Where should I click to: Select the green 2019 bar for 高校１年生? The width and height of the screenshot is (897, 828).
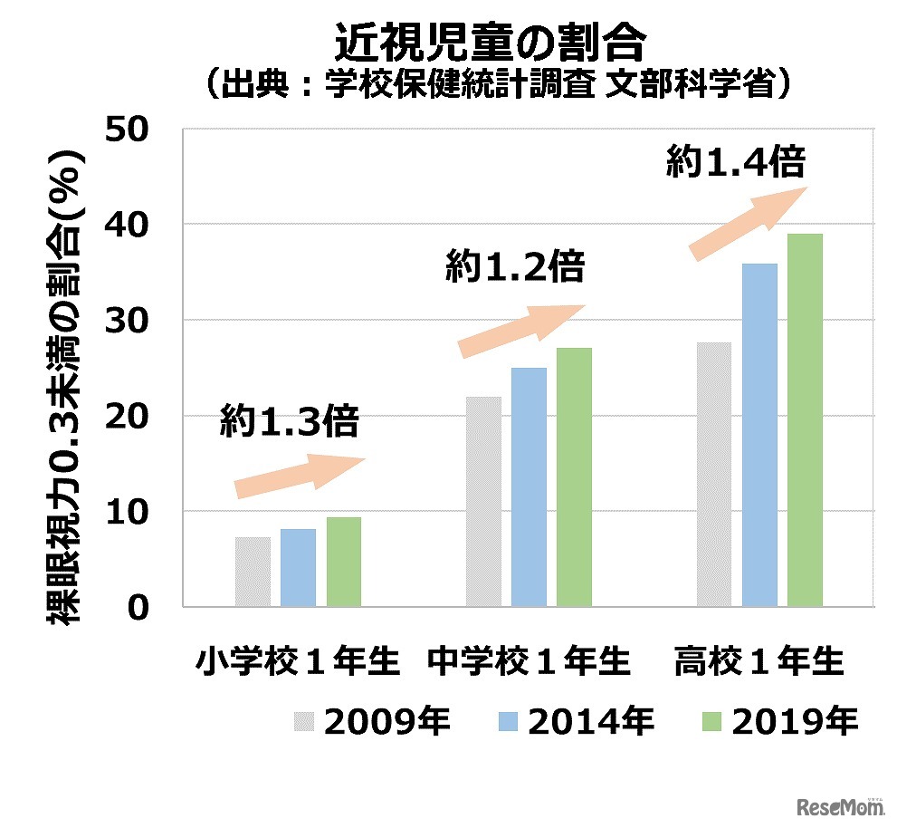click(805, 420)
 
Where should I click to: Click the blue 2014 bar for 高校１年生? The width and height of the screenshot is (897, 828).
click(759, 435)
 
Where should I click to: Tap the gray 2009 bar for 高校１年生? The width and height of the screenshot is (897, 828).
click(713, 474)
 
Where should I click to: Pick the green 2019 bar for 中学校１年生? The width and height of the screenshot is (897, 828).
click(574, 477)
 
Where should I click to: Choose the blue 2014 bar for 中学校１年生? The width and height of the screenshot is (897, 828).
click(529, 486)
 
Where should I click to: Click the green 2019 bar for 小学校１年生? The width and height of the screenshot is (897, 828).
click(344, 562)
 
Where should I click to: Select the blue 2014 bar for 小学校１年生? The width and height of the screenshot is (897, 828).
click(298, 568)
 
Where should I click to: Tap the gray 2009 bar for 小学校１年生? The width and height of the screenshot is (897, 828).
click(253, 572)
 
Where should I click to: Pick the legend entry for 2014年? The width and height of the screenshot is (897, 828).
click(576, 722)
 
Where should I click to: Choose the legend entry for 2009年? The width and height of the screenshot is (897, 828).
click(371, 722)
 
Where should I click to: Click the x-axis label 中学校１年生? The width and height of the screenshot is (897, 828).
click(529, 661)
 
